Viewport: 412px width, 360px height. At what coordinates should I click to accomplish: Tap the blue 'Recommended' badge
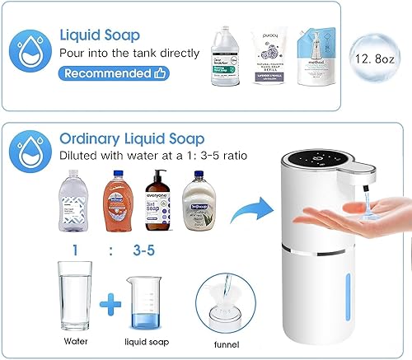pyautogui.click(x=113, y=73)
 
